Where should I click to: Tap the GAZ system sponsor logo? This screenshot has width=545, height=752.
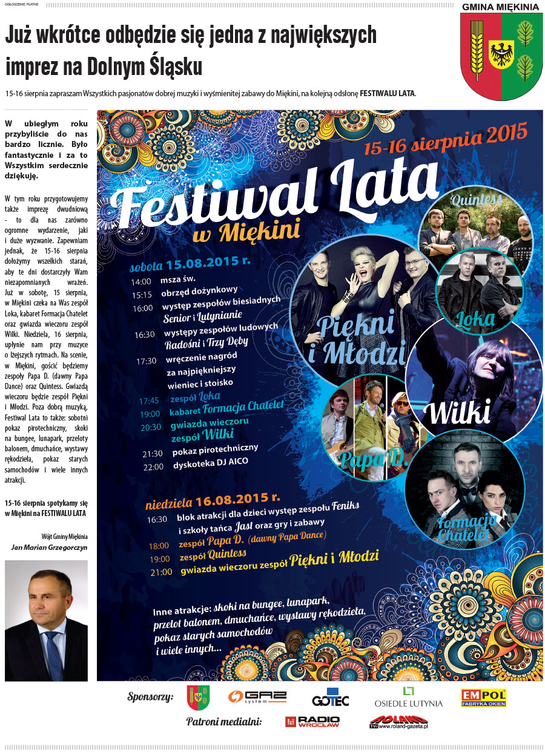coord(257,697)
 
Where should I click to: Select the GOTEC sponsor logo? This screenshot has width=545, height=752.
coord(331,698)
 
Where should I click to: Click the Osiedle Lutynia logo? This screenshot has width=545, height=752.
coord(408,697)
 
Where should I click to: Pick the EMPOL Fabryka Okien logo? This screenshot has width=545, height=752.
coord(483,697)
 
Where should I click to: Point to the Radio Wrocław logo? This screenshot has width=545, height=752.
coord(312,722)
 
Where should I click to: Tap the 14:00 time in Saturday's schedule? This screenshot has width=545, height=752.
coord(140,281)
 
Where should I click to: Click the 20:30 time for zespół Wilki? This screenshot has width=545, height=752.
coord(151,427)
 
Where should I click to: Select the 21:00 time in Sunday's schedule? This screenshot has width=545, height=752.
coord(160,571)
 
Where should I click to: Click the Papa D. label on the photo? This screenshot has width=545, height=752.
coord(362,459)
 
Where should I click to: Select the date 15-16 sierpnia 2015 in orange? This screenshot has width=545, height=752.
coord(446,139)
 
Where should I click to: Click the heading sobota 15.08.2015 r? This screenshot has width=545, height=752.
coord(190,265)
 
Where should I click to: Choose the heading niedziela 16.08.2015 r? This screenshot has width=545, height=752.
coord(213,501)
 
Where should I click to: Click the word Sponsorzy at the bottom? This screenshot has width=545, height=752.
coord(150,696)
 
